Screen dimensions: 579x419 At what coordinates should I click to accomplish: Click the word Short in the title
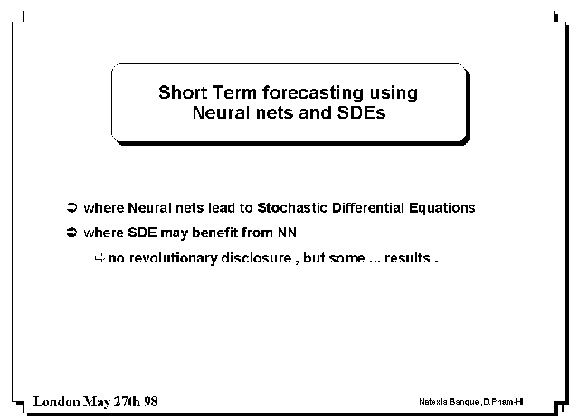click(183, 92)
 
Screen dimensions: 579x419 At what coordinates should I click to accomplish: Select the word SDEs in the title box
click(361, 112)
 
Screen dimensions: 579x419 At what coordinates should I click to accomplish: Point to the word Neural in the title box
click(221, 112)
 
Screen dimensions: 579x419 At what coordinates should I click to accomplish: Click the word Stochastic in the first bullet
click(292, 207)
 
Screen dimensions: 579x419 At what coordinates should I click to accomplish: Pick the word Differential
click(368, 207)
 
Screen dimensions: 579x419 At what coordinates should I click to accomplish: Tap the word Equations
click(442, 208)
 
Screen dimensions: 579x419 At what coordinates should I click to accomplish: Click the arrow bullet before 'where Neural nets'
click(71, 207)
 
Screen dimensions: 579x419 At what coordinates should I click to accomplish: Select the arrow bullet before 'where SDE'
click(71, 233)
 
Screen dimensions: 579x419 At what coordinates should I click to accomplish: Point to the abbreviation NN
click(287, 233)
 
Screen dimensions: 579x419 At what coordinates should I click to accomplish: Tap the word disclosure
click(256, 258)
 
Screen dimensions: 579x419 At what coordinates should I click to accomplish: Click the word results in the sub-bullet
click(407, 258)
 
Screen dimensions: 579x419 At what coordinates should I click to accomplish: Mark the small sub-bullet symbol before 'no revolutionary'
click(100, 258)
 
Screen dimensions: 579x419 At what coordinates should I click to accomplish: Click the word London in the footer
click(56, 401)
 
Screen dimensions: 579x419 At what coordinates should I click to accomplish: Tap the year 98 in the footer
click(151, 401)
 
